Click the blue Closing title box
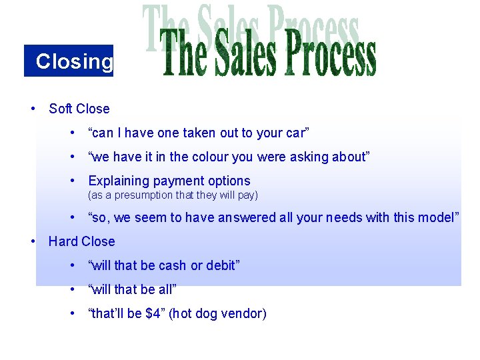(x=69, y=61)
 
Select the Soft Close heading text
(x=79, y=109)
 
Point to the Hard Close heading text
(x=82, y=241)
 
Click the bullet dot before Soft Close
(x=33, y=109)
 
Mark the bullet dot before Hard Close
(x=33, y=241)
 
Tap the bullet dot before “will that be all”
(x=72, y=289)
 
